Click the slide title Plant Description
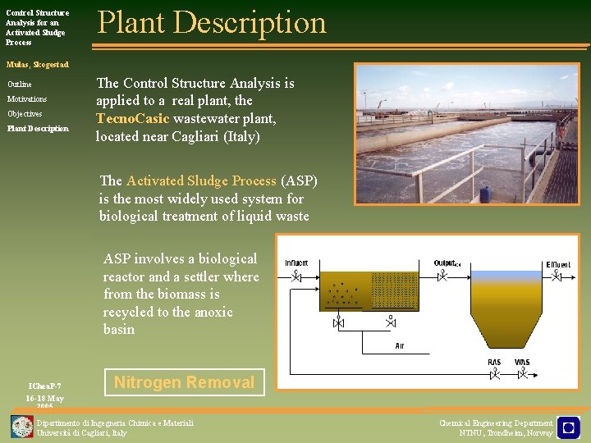(212, 23)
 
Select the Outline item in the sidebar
(20, 84)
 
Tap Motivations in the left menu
(27, 99)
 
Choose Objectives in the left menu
(25, 114)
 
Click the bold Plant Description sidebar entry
(38, 129)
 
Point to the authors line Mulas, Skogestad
(38, 64)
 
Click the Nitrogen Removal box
(184, 382)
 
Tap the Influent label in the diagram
(296, 263)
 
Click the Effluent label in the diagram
(558, 264)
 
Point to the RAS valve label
(494, 363)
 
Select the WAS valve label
(522, 363)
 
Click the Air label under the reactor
(400, 345)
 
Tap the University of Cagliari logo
(22, 427)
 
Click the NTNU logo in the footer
(568, 427)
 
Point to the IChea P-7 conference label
(44, 386)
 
